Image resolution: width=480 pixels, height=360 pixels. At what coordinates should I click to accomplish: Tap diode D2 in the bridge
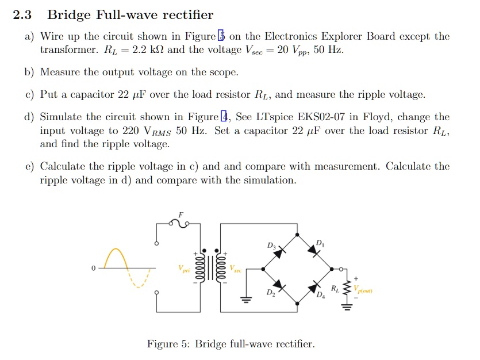pyautogui.click(x=279, y=285)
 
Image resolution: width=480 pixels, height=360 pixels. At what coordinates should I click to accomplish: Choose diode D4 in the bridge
pyautogui.click(x=314, y=286)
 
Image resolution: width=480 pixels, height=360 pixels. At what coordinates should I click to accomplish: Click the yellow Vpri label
pyautogui.click(x=184, y=269)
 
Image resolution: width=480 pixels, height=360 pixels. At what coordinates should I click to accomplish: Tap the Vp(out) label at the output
pyautogui.click(x=363, y=290)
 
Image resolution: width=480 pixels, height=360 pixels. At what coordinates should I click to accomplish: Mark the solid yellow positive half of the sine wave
pyautogui.click(x=117, y=256)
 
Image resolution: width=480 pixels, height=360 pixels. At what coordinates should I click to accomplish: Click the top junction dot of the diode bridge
pyautogui.click(x=297, y=235)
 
